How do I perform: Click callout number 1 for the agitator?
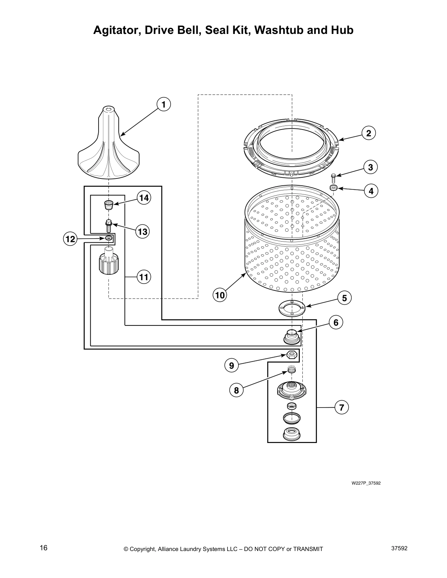163,105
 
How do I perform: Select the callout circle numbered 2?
368,133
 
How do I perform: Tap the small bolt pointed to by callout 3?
333,178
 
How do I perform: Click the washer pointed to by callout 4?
333,188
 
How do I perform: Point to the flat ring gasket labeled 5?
292,308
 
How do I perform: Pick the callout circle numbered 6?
336,323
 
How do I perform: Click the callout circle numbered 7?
341,407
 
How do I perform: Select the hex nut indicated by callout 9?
292,354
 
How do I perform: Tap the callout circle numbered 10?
220,295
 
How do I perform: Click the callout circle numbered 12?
70,239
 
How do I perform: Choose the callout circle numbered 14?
144,198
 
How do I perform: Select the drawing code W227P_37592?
366,483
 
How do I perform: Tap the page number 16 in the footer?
43,548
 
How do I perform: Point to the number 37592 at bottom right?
399,548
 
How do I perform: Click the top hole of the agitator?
108,108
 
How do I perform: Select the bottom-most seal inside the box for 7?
292,434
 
